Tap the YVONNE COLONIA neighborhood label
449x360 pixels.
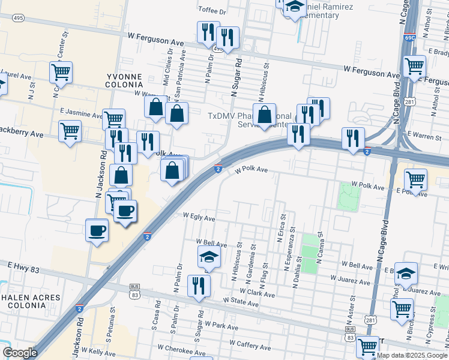tap(124, 81)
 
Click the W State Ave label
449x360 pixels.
tap(241, 304)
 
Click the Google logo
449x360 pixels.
tap(20, 353)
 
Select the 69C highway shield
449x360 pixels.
tap(410, 37)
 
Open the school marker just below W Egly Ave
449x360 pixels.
tap(209, 256)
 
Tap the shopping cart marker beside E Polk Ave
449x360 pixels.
tap(415, 179)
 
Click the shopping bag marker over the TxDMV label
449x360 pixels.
tap(265, 114)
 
